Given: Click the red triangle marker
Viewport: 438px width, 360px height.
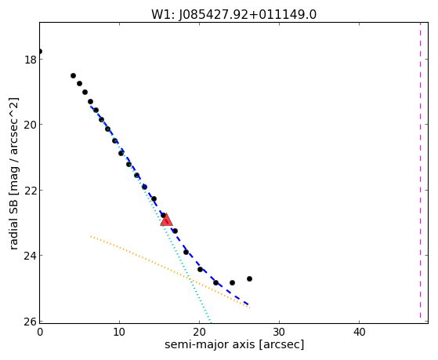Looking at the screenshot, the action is (166, 220).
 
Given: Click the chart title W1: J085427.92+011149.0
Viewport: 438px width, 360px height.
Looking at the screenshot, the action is (233, 14).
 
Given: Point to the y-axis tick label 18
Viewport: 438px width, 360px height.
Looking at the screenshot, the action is (30, 60).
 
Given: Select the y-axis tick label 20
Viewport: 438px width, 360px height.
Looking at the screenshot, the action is (30, 125).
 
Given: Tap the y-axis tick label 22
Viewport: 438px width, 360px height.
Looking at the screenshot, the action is (30, 191).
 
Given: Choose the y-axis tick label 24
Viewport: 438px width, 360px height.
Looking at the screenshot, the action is (30, 256).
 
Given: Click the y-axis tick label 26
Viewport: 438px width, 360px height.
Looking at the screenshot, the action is (30, 321).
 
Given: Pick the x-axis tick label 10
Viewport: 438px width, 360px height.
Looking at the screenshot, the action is (120, 332).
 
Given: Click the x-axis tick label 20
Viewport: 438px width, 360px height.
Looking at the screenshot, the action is (199, 332).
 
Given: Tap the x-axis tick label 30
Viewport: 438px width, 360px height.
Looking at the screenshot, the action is (279, 332).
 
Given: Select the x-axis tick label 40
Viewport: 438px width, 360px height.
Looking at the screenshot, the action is (359, 332).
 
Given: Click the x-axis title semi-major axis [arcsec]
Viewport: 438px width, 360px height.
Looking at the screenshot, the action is (234, 344).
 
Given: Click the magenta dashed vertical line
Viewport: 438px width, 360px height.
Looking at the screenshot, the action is (420, 171).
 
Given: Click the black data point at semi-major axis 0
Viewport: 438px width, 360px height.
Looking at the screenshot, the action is (40, 51).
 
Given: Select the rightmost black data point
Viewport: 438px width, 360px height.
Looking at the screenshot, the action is (249, 278).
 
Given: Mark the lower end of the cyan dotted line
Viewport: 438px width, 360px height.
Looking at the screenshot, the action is (211, 322).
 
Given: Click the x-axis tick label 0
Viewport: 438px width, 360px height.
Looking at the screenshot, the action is (40, 332).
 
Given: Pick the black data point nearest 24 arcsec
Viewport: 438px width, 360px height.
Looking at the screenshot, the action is (232, 282).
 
